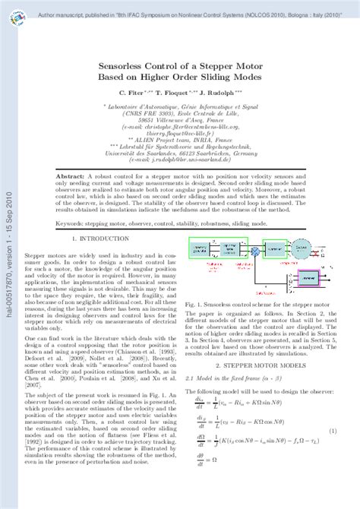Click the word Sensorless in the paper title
tap(127, 67)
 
